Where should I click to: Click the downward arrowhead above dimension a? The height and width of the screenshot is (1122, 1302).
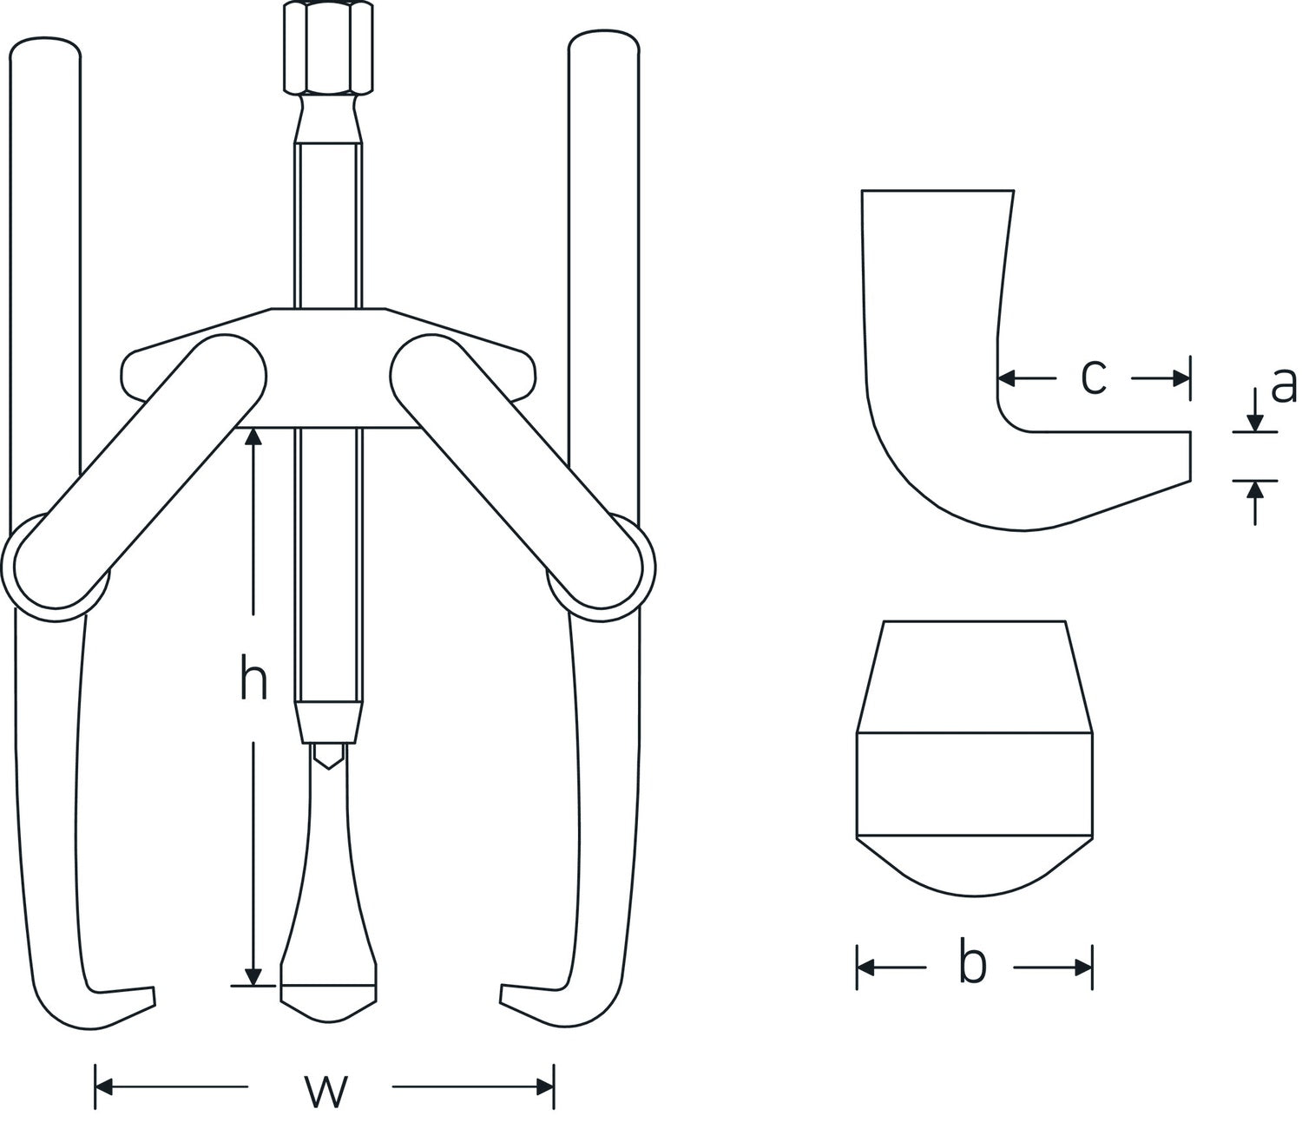coord(1254,423)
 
